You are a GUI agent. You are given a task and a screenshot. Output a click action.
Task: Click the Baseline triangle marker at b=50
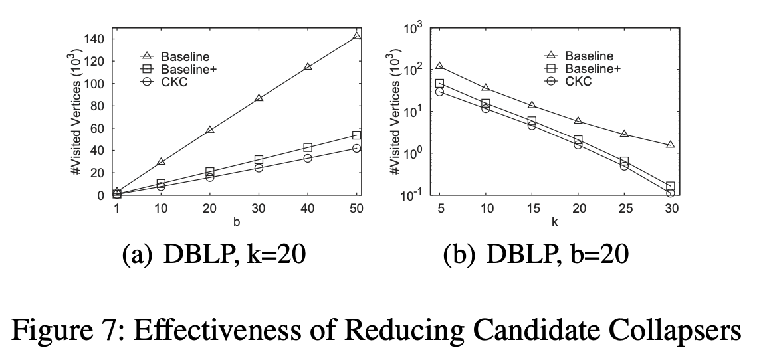[x=357, y=35]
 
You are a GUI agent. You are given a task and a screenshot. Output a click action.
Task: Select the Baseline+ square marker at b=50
[x=357, y=135]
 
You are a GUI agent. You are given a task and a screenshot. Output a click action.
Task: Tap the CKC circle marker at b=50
[x=357, y=148]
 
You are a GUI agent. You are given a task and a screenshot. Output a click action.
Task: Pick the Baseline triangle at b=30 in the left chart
[x=259, y=98]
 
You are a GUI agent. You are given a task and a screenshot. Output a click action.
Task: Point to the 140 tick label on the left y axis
[x=96, y=39]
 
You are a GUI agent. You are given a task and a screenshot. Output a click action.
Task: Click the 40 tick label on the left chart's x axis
[x=308, y=209]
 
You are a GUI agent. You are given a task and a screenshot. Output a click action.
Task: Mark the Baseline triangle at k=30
[x=670, y=144]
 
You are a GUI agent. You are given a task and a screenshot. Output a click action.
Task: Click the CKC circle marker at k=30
[x=670, y=193]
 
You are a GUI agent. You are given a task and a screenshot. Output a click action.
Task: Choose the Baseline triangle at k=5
[x=439, y=66]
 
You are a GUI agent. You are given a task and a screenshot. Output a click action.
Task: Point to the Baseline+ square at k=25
[x=624, y=161]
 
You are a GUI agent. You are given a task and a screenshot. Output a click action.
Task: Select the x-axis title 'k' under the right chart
[x=554, y=222]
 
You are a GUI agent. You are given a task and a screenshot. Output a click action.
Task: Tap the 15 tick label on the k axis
[x=532, y=209]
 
